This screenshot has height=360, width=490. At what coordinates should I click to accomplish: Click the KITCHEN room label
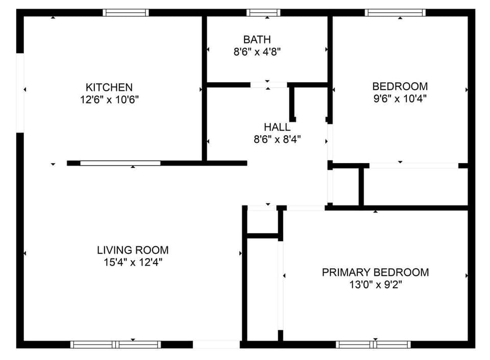click(x=109, y=87)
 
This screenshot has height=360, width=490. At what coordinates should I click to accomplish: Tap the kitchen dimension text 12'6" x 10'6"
click(x=109, y=99)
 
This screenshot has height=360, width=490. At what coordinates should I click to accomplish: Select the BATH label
click(x=257, y=39)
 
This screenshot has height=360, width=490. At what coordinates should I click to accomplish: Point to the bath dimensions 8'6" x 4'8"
click(x=257, y=51)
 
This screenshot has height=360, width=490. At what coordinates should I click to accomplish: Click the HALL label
click(x=277, y=127)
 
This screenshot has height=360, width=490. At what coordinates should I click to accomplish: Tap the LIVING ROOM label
click(x=133, y=250)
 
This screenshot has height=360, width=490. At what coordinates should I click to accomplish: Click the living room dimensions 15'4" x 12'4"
click(x=133, y=262)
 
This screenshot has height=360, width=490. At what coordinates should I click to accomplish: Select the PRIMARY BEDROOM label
click(x=375, y=272)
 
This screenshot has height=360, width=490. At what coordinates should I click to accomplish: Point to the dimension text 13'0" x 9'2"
click(x=375, y=284)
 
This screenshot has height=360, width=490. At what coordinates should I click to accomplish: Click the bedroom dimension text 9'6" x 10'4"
click(x=400, y=98)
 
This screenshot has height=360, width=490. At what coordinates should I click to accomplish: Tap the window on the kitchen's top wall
click(x=126, y=13)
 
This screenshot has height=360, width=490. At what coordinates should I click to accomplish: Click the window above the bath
click(x=263, y=13)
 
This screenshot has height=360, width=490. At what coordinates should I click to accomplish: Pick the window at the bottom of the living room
click(x=115, y=344)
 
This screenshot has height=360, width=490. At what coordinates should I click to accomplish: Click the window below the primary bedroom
click(x=374, y=344)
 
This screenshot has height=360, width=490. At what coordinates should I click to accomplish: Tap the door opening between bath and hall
click(x=269, y=85)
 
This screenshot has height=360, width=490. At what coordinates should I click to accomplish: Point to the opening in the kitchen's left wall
click(x=20, y=93)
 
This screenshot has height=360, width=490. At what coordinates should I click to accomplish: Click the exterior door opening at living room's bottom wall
click(x=216, y=344)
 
